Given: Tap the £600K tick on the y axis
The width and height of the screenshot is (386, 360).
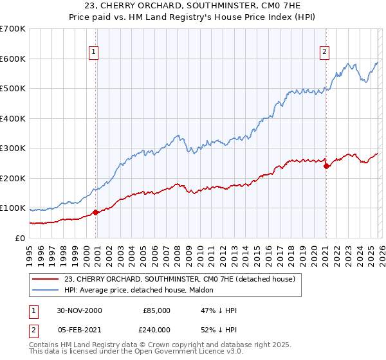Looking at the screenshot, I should coord(13,59).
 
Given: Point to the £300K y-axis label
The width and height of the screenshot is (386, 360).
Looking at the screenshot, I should coord(13,148).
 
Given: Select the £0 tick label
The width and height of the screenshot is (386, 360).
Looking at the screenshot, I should coord(19,238).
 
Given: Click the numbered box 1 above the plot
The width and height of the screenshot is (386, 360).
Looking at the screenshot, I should coord(94,52).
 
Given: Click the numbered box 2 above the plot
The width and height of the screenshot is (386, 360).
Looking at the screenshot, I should coord(324,52).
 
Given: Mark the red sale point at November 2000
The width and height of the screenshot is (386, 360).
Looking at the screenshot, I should coord(96,212).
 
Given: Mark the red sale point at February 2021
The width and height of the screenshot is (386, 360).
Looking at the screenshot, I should coord(326,166).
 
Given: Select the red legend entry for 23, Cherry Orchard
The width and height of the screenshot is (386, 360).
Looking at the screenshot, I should coord(179,279).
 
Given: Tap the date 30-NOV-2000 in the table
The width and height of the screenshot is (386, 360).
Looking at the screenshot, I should coord(78,310).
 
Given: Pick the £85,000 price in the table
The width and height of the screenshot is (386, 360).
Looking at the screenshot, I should coord(156,310).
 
